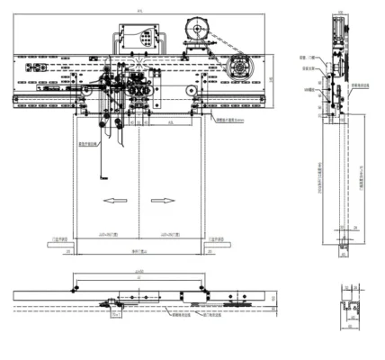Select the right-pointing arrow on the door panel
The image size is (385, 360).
(163, 199)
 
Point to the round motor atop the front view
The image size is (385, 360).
(196, 30)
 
